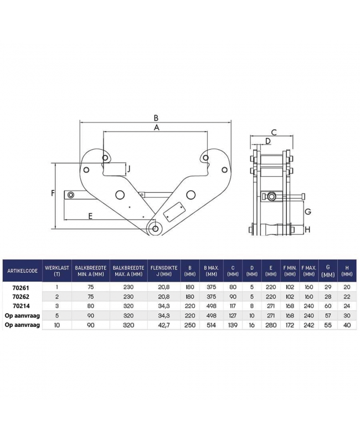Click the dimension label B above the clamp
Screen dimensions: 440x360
pyautogui.click(x=156, y=117)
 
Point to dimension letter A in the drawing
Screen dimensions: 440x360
pyautogui.click(x=156, y=128)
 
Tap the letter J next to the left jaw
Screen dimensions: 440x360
pyautogui.click(x=128, y=168)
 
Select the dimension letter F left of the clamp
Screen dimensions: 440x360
pyautogui.click(x=52, y=193)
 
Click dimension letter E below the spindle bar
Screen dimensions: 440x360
pyautogui.click(x=90, y=216)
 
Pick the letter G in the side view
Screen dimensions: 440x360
pyautogui.click(x=308, y=212)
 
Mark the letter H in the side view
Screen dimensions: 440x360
pyautogui.click(x=307, y=229)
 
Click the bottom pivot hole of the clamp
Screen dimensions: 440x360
pyautogui.click(x=156, y=228)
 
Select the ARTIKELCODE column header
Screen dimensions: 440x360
pyautogui.click(x=23, y=270)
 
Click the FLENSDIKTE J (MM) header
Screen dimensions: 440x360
pyautogui.click(x=163, y=270)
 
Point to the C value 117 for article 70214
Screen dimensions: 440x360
pyautogui.click(x=233, y=305)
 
